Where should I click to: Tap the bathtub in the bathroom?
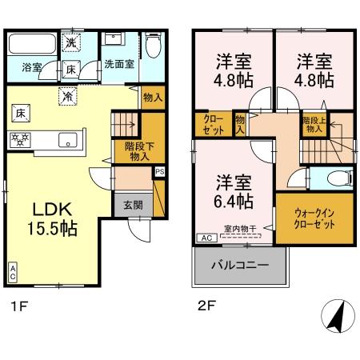(x=32, y=45)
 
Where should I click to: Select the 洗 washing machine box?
(x=70, y=42)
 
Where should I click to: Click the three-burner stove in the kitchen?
(x=19, y=138)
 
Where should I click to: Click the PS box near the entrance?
(x=159, y=171)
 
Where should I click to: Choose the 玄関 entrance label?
(x=133, y=204)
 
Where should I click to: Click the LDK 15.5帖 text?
(x=54, y=218)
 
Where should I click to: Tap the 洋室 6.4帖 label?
(x=234, y=190)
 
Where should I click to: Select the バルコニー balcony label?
(x=240, y=265)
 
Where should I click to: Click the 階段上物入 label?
(x=313, y=124)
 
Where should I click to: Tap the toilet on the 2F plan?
(x=330, y=178)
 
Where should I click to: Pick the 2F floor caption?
(x=206, y=305)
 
